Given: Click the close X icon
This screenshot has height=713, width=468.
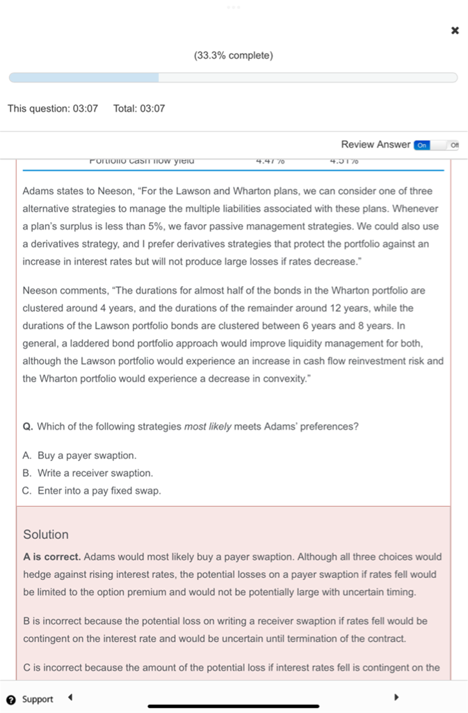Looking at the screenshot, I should [x=455, y=31].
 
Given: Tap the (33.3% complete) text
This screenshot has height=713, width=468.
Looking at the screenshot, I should [x=234, y=55].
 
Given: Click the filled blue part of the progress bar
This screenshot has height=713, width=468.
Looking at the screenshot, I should [x=83, y=78].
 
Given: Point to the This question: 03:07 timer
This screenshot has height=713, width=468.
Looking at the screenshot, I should [x=53, y=109].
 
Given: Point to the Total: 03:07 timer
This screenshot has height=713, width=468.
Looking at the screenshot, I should [x=139, y=109].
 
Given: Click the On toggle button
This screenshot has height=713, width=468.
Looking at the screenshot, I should [x=422, y=145].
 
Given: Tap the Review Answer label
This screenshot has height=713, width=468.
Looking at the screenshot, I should [x=376, y=144].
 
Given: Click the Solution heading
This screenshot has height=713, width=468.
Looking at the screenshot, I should [x=46, y=535].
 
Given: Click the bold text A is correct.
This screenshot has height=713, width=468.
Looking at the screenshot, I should [x=53, y=557].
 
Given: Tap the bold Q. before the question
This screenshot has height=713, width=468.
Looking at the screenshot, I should [x=28, y=426].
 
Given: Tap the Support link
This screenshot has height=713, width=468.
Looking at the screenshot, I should [x=38, y=699].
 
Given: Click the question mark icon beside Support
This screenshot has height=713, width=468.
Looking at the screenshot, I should [x=11, y=699].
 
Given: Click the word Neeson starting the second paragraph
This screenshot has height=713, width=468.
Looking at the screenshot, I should [x=39, y=290].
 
